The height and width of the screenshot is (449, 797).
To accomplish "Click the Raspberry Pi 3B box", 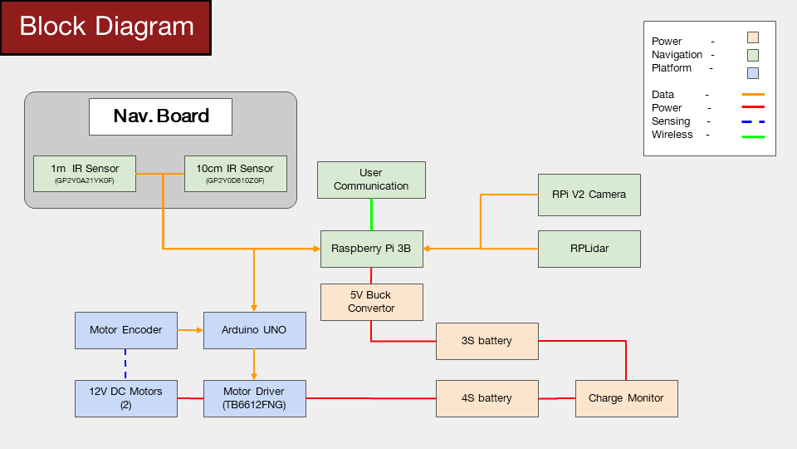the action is click(x=372, y=249).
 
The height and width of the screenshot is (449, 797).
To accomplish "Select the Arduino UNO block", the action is click(x=255, y=330).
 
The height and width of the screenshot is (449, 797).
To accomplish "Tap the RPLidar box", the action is click(x=589, y=249).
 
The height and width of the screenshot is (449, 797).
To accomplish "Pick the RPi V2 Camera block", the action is click(x=589, y=195).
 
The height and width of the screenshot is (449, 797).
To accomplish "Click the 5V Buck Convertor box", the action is click(x=372, y=302).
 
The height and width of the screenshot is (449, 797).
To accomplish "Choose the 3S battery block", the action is click(x=487, y=341).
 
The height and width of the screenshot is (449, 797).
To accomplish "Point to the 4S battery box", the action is click(x=487, y=398).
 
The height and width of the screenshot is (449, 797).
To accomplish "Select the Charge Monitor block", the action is click(x=627, y=398).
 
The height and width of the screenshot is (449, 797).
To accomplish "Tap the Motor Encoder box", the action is click(x=126, y=330).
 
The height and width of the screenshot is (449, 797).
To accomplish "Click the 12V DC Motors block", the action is click(x=126, y=398).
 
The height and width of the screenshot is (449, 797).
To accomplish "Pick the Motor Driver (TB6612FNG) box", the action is click(x=255, y=398).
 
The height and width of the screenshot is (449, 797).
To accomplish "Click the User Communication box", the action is click(x=372, y=180).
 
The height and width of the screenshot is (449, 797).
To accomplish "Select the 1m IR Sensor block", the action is click(x=85, y=174).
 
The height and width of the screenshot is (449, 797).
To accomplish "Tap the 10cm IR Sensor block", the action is click(x=235, y=174).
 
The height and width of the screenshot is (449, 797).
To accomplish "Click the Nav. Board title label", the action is click(x=160, y=116).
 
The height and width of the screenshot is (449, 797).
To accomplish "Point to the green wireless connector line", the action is click(x=372, y=215).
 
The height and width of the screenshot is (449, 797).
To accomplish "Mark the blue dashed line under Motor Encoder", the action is click(x=125, y=364).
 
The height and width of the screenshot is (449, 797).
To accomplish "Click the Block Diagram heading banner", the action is click(x=105, y=27).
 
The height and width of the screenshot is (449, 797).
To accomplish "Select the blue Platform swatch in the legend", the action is click(x=753, y=73).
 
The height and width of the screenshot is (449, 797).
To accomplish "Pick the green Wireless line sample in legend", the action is click(x=753, y=137).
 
